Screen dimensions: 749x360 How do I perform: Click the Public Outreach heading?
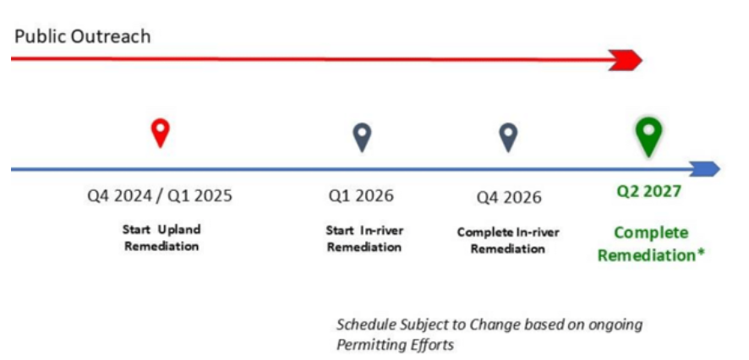(x=83, y=36)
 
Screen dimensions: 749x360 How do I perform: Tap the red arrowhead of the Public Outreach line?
(x=626, y=60)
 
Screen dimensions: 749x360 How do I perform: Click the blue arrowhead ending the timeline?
(x=706, y=168)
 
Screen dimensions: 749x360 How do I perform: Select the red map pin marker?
(x=161, y=133)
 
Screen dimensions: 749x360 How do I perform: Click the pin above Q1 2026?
(x=362, y=138)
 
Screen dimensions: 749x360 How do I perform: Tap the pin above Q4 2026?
(x=508, y=138)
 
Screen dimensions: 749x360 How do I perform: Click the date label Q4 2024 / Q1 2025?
(x=160, y=196)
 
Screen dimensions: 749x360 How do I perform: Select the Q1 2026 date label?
(x=361, y=196)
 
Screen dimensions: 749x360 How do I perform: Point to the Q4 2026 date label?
(x=509, y=197)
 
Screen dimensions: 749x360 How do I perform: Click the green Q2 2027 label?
(x=648, y=192)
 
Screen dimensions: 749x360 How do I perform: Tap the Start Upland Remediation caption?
(x=161, y=237)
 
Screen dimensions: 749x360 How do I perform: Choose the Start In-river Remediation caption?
(x=364, y=238)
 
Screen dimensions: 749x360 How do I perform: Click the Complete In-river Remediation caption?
(x=508, y=241)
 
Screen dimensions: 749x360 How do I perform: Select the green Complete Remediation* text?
(x=652, y=244)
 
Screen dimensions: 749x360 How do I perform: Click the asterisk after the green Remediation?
(x=701, y=252)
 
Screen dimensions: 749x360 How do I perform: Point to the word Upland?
(x=179, y=230)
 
